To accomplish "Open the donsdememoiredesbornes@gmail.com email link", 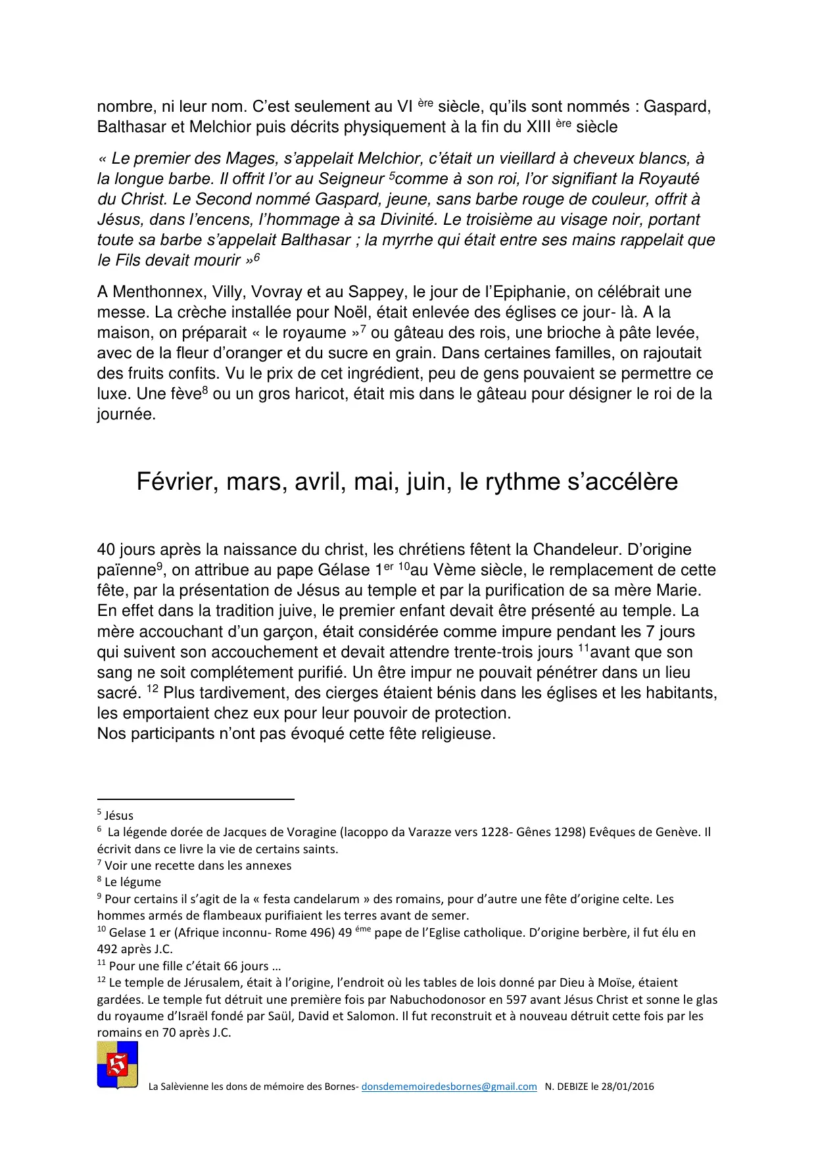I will click(449, 1087).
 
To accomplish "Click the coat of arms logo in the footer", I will click(118, 1065).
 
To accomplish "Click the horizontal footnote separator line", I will click(195, 799).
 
